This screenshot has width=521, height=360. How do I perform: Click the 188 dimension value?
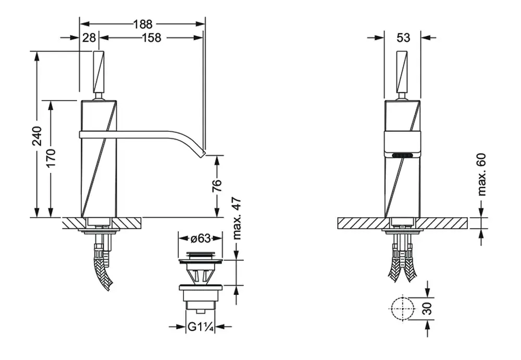point(143,24)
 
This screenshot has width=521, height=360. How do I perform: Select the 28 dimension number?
point(89,38)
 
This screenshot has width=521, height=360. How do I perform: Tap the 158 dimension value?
point(152,38)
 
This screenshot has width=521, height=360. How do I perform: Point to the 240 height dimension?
point(37,135)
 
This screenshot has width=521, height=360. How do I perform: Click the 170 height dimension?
point(51,158)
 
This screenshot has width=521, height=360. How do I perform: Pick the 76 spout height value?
point(217,185)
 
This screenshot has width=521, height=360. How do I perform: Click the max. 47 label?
point(237,218)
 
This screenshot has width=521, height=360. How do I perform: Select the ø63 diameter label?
point(201,238)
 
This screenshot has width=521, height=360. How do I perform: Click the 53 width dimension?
point(403,38)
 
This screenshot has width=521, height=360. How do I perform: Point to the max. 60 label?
point(482,175)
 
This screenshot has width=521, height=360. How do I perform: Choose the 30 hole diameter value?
point(428,308)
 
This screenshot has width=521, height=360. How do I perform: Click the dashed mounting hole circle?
point(403,308)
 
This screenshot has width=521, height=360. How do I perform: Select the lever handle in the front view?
point(403,71)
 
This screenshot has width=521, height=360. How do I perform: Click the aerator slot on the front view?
point(403,155)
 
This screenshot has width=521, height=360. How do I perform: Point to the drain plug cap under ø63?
point(201,256)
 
